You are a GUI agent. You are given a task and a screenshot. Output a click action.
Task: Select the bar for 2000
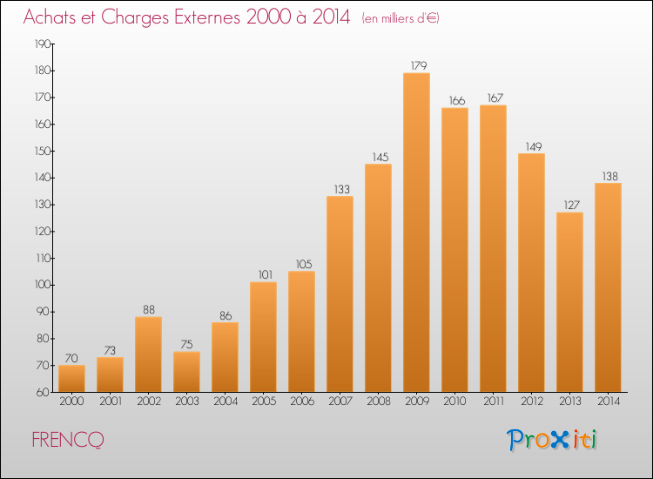point(71,378)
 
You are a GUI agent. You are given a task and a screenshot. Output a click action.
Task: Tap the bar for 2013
point(569,301)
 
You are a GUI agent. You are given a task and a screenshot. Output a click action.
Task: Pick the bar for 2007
point(340,293)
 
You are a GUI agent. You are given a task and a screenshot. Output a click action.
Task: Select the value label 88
point(148,309)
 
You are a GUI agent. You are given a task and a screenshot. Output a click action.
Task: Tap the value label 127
point(569,205)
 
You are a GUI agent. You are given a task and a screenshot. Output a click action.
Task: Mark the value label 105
point(301,264)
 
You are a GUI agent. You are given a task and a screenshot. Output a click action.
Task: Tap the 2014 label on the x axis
point(608,402)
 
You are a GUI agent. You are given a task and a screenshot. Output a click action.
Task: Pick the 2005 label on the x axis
point(263,402)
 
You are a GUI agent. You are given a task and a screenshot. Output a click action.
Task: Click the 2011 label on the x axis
point(493,402)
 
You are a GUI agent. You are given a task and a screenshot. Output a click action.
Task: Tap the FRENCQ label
point(68,440)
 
